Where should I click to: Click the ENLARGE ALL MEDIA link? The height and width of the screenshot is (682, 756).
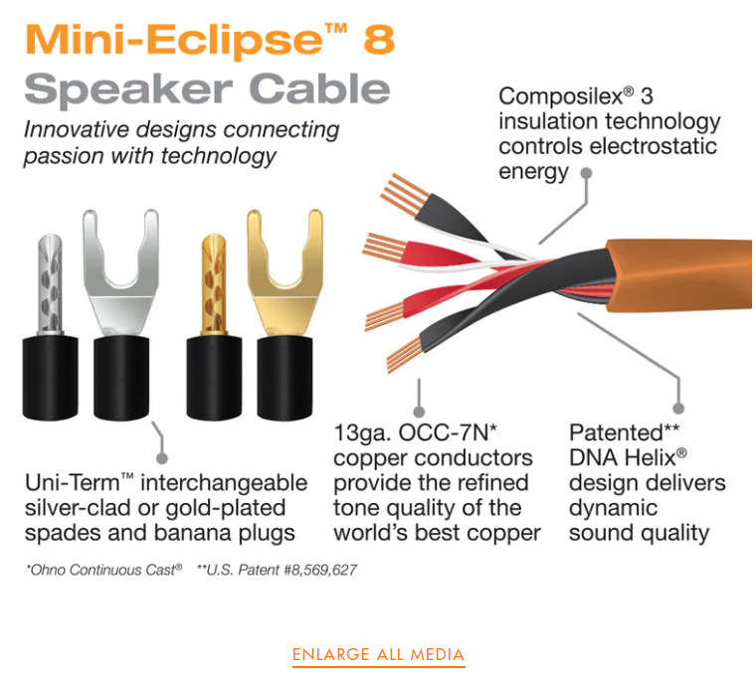378,654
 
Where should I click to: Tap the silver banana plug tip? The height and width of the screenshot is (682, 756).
50,284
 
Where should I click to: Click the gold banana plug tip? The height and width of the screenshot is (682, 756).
214,284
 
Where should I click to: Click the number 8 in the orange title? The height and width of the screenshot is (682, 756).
379,40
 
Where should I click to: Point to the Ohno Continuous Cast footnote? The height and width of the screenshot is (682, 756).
103,571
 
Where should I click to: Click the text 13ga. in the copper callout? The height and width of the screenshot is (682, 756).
362,432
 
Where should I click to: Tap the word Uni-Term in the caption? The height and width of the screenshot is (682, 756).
79,483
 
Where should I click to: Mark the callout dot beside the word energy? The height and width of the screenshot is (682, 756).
586,174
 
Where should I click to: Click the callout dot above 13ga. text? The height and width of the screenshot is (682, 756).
419,412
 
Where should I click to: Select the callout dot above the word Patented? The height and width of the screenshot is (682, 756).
678,409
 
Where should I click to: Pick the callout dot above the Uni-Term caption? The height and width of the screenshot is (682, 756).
162,458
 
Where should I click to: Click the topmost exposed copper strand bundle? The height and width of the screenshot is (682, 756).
404,194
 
